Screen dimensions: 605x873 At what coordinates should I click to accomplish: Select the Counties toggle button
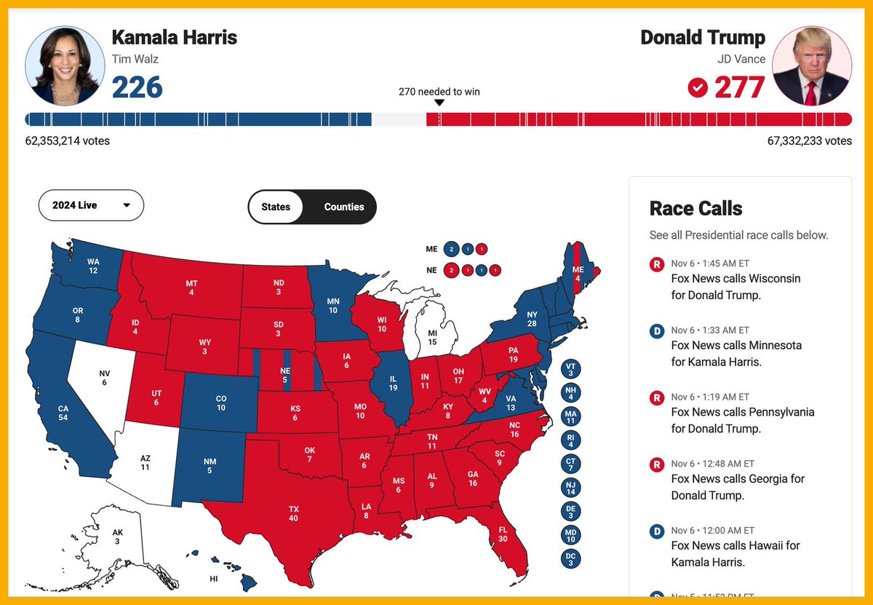pyautogui.click(x=343, y=207)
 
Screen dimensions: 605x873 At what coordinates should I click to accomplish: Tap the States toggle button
pyautogui.click(x=276, y=207)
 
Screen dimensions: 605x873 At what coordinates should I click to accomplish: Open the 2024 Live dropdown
pyautogui.click(x=91, y=205)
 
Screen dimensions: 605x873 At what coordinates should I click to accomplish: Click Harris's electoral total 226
pyautogui.click(x=137, y=87)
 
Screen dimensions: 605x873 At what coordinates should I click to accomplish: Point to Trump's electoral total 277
pyautogui.click(x=739, y=87)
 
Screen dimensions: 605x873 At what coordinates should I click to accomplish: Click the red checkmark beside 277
pyautogui.click(x=698, y=88)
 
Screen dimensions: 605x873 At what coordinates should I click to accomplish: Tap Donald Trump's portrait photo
pyautogui.click(x=811, y=66)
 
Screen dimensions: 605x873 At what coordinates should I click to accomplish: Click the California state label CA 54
pyautogui.click(x=63, y=414)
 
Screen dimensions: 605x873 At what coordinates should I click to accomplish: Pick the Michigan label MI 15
pyautogui.click(x=433, y=338)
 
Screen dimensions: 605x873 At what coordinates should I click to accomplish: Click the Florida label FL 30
pyautogui.click(x=503, y=534)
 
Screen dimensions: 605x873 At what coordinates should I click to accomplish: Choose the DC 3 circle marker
pyautogui.click(x=570, y=558)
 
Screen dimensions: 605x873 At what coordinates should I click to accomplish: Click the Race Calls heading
pyautogui.click(x=695, y=209)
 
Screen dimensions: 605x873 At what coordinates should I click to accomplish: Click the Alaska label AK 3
pyautogui.click(x=116, y=537)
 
